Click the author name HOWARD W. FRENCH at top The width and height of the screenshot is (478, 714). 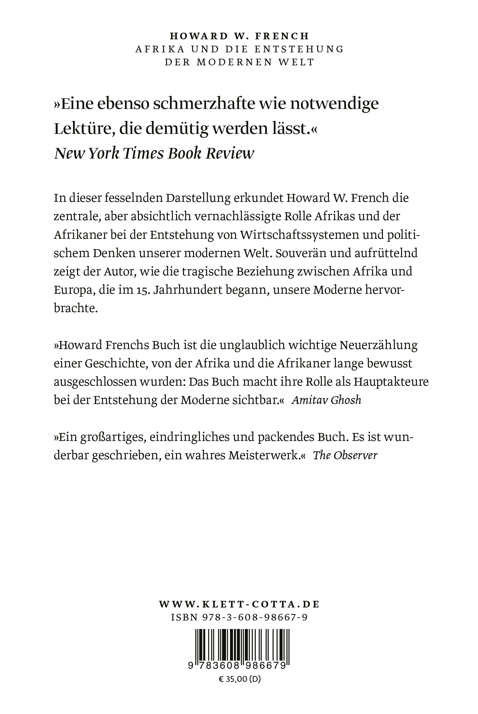[x=239, y=36]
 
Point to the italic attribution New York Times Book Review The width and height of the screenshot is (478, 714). [x=154, y=154]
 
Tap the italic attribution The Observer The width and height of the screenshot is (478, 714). [x=345, y=456]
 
